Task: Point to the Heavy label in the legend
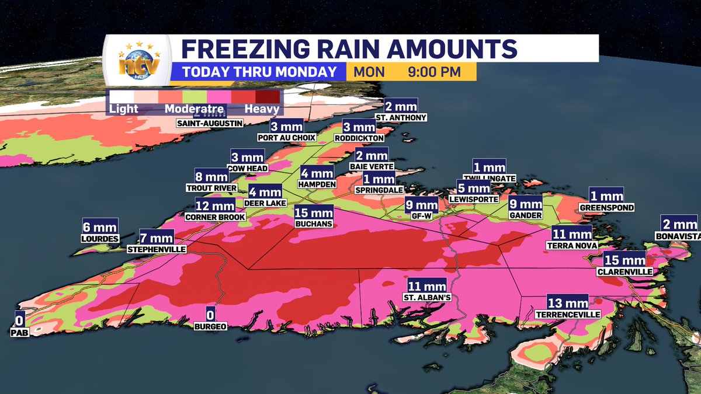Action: tap(262, 109)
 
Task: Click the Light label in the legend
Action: tap(123, 109)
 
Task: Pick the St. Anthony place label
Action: tap(405, 117)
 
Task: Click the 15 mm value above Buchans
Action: tap(314, 212)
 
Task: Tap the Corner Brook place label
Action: tap(214, 217)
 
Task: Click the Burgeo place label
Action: tap(211, 326)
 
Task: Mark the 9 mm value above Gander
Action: tap(525, 204)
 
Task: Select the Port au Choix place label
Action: tap(287, 138)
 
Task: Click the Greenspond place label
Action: tap(606, 207)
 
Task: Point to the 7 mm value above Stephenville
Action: tap(157, 238)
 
